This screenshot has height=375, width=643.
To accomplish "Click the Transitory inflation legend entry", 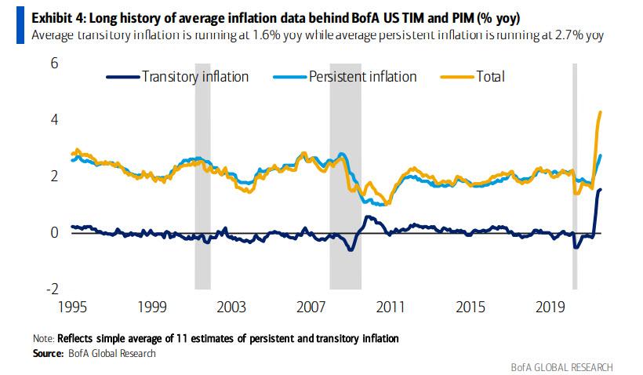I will [194, 76].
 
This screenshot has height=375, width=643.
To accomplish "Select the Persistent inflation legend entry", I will [362, 76].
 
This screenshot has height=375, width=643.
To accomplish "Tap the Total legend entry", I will [489, 76].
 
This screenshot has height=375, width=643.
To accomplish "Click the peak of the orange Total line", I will [600, 112].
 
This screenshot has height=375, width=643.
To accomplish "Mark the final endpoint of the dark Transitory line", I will [601, 189].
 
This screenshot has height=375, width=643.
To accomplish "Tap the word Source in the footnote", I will [47, 353].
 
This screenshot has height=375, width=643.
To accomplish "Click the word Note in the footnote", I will [42, 338].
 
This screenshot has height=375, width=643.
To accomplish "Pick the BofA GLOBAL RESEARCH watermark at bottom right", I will [562, 366].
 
